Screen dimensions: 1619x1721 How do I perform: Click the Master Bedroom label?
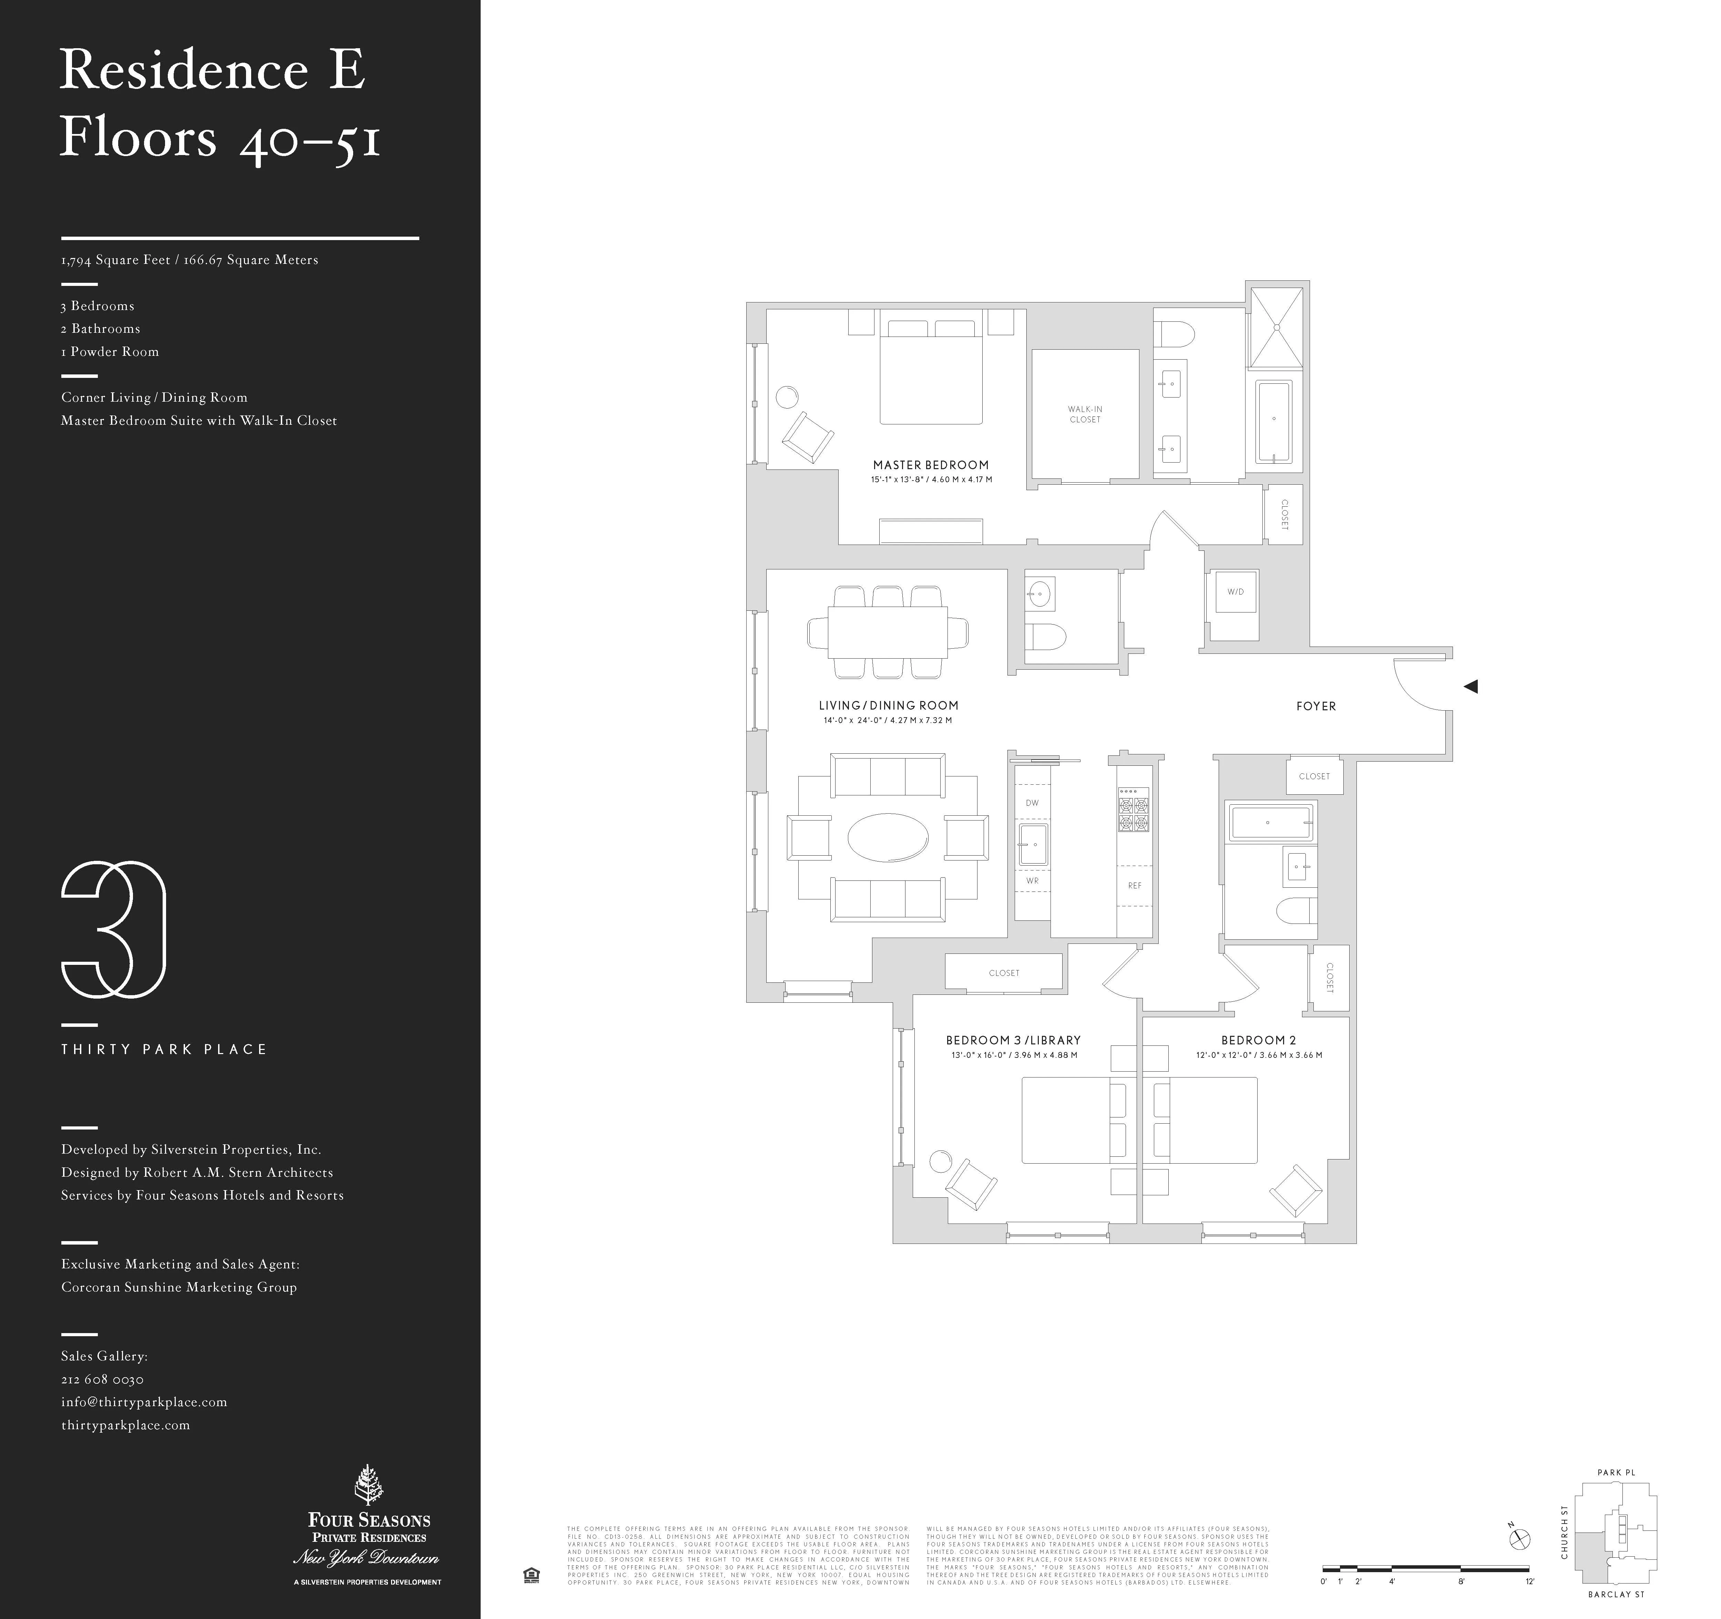[931, 465]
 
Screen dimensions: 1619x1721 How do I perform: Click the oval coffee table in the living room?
[887, 837]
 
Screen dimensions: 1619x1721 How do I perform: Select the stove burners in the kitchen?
[1133, 810]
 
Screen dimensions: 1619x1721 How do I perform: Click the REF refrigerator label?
[1134, 885]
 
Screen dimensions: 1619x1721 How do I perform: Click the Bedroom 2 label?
[1258, 1040]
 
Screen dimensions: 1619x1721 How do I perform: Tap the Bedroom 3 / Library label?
[1013, 1040]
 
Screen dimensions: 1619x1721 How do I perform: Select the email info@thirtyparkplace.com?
[144, 1402]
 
